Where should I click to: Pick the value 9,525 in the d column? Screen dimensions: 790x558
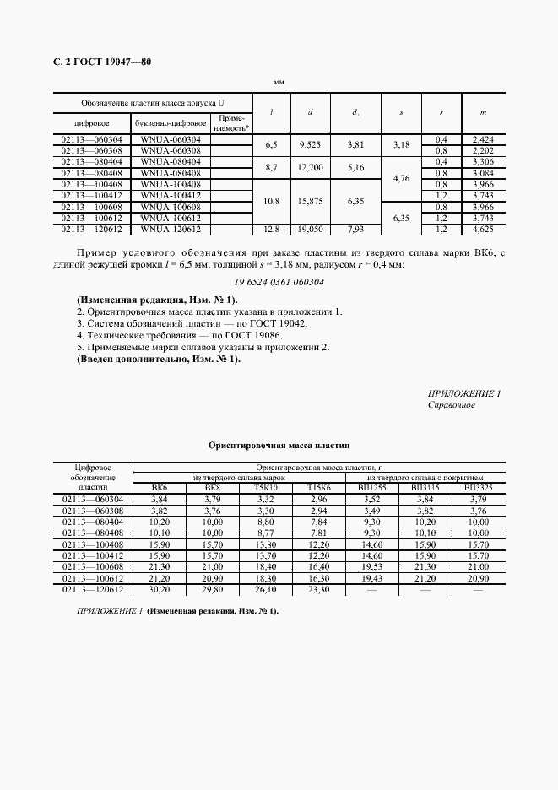tap(311, 144)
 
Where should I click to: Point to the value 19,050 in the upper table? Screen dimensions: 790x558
tap(311, 228)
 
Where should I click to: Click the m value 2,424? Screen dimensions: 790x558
tap(482, 138)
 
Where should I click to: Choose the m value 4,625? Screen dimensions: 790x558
tap(482, 228)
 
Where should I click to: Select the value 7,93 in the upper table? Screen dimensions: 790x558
tap(356, 228)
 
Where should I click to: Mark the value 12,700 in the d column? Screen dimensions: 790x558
tap(311, 167)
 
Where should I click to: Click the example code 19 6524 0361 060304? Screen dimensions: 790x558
tap(279, 282)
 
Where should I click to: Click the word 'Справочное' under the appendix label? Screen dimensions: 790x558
tap(452, 405)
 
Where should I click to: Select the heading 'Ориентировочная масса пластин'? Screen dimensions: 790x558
tap(279, 445)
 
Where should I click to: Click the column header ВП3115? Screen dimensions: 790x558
tap(425, 488)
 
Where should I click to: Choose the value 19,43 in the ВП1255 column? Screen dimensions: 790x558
tap(371, 579)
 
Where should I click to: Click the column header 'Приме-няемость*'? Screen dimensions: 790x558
tap(231, 123)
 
